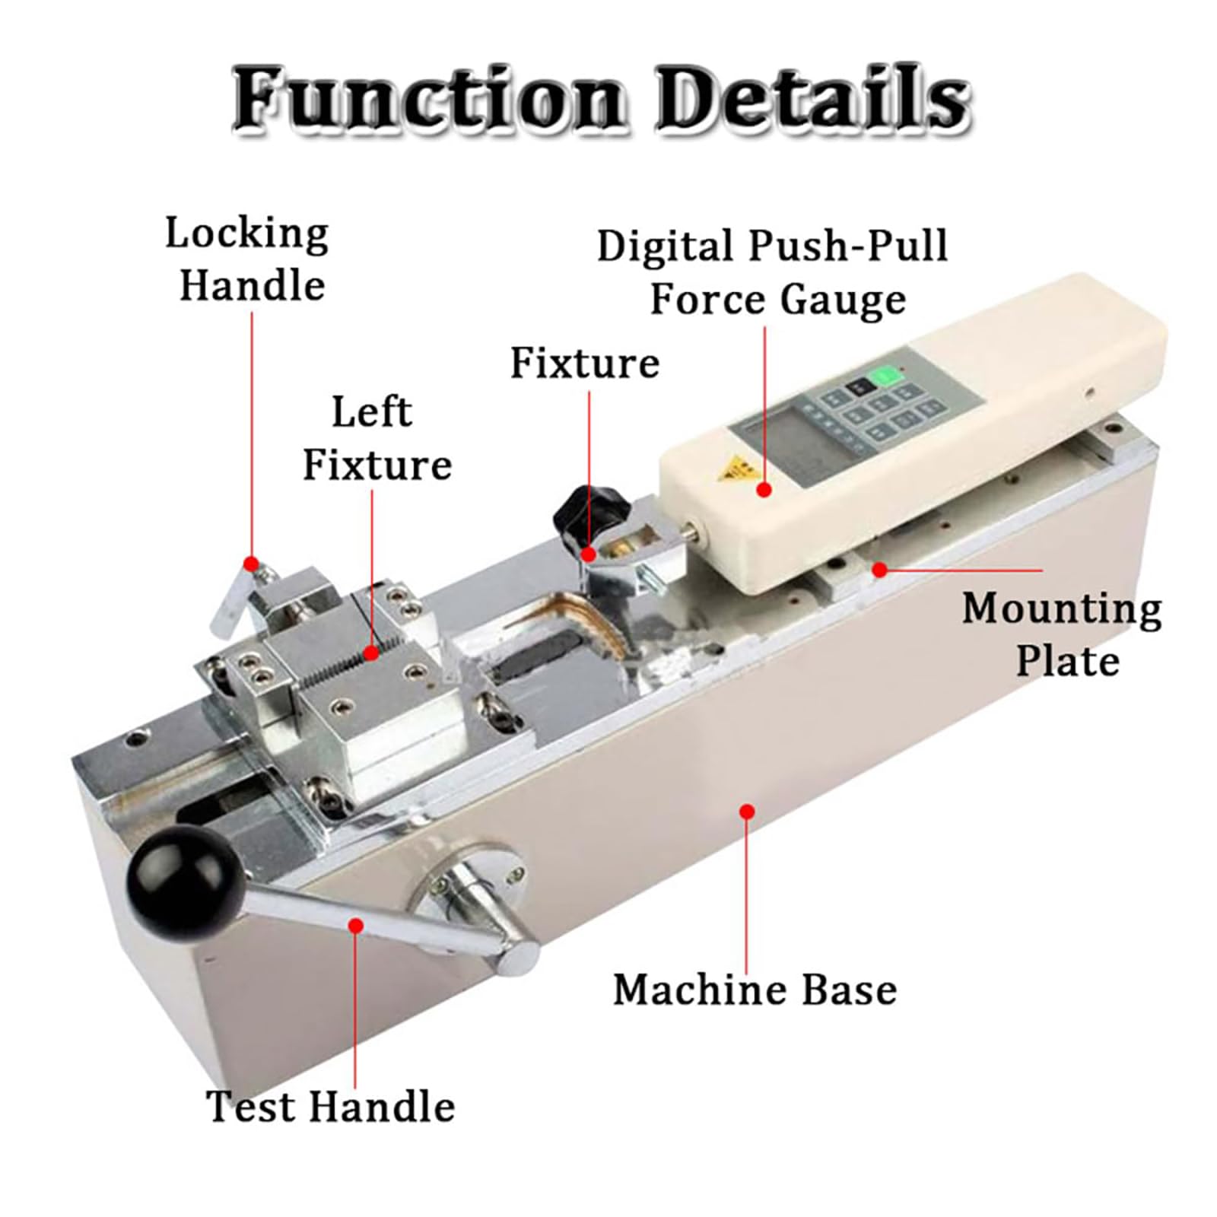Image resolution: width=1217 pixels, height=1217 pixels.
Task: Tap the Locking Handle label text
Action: coord(248,259)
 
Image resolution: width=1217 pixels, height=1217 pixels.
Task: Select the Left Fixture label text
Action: coord(376,439)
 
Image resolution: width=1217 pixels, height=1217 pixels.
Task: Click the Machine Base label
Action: coord(755,990)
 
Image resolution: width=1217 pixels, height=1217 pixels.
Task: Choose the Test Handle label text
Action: coord(330,1106)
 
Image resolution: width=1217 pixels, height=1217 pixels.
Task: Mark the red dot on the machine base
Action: coord(747,812)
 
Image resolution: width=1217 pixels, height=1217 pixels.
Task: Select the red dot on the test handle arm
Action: coord(355,925)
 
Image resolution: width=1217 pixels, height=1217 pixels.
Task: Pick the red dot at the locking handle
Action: coord(251,564)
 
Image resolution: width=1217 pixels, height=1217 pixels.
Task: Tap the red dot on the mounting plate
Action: coord(879,569)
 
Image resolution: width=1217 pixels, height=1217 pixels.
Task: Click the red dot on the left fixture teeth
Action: coord(372,652)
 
